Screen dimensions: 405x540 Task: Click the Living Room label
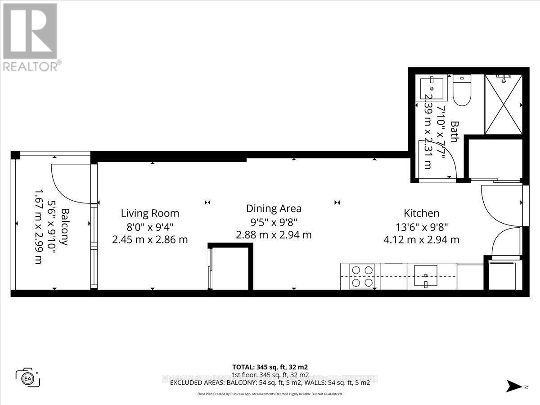pyautogui.click(x=150, y=213)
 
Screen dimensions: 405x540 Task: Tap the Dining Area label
pyautogui.click(x=274, y=209)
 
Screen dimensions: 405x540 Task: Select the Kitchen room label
pyautogui.click(x=421, y=213)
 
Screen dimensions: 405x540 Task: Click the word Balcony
pyautogui.click(x=66, y=226)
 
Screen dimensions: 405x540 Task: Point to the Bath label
pyautogui.click(x=454, y=131)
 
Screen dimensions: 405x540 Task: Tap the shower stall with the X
pyautogui.click(x=504, y=104)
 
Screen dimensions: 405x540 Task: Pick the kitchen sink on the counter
pyautogui.click(x=425, y=276)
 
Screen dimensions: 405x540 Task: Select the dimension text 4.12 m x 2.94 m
pyautogui.click(x=421, y=240)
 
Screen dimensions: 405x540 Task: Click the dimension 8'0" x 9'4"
pyautogui.click(x=150, y=227)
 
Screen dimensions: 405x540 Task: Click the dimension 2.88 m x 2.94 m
pyautogui.click(x=274, y=235)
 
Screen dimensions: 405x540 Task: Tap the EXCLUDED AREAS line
pyautogui.click(x=270, y=382)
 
